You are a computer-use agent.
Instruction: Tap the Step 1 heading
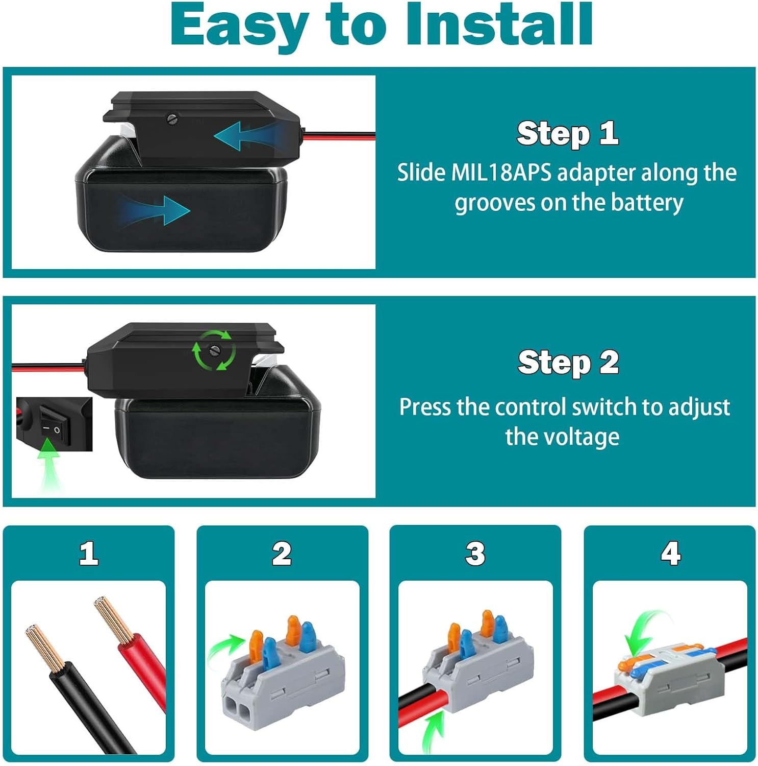point(567,133)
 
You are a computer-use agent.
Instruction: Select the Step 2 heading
point(568,363)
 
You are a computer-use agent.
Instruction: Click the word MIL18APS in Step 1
point(501,173)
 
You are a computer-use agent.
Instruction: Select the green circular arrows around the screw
point(214,350)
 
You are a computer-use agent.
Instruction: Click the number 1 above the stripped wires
point(89,553)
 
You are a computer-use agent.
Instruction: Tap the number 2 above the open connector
point(282,553)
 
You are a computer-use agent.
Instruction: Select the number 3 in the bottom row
point(475,553)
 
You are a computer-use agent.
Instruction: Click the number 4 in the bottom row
point(670,553)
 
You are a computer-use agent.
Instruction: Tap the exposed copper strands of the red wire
point(113,619)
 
